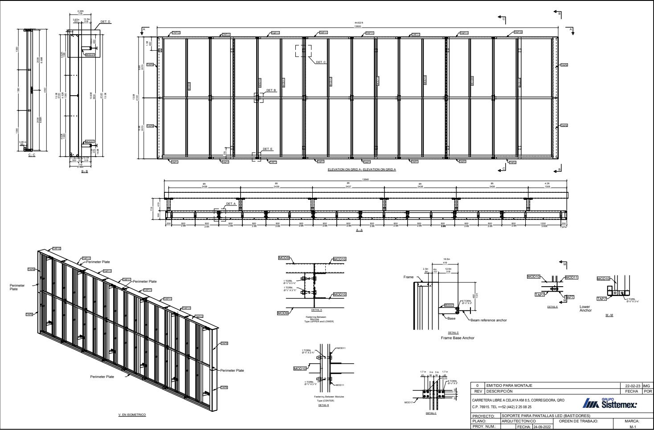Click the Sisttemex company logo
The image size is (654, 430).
(x=609, y=404)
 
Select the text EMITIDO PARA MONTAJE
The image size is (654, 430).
(x=509, y=385)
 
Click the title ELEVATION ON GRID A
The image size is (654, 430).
(x=361, y=170)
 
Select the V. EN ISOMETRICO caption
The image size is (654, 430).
(x=132, y=415)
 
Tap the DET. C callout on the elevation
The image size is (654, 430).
(x=321, y=62)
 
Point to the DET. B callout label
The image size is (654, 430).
(x=271, y=90)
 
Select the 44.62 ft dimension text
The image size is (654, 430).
(x=357, y=22)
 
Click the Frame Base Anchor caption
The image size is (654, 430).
(x=458, y=338)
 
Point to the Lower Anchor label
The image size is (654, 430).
(x=585, y=308)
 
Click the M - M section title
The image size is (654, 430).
(x=610, y=316)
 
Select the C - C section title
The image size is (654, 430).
(x=31, y=155)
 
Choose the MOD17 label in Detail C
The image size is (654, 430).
(x=409, y=402)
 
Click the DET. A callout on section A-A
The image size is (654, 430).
(x=231, y=204)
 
